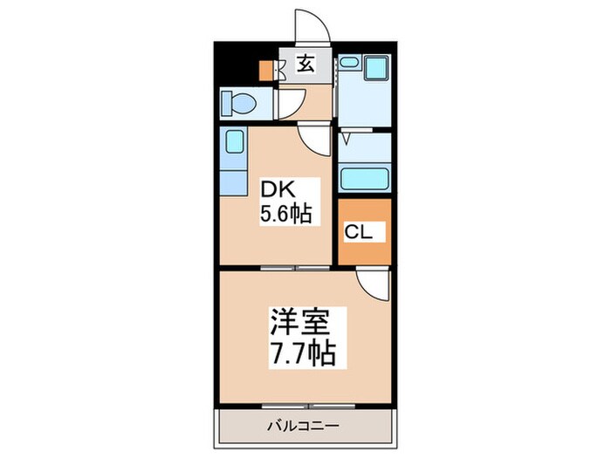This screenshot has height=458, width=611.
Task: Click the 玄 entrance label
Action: (305, 64)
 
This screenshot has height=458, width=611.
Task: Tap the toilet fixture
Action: (238, 104)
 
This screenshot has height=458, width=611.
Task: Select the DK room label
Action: (277, 191)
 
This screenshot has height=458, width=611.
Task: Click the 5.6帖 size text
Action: (286, 213)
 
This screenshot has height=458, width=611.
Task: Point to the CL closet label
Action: (358, 232)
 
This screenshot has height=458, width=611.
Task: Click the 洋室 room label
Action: (300, 323)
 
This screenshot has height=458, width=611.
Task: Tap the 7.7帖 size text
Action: (303, 352)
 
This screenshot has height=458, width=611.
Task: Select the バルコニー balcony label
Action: (303, 426)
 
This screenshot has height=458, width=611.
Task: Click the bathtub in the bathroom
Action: (364, 179)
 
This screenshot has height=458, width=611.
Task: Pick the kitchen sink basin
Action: (235, 141)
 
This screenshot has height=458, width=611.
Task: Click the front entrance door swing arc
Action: (312, 24)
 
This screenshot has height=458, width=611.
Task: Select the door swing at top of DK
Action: (314, 138)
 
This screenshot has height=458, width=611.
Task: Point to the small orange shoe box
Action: (267, 71)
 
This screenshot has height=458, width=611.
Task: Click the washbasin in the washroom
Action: (349, 62)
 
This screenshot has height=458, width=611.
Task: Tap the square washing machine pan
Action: (376, 67)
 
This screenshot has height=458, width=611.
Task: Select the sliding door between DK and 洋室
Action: (295, 268)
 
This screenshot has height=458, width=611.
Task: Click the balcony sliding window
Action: (308, 407)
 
